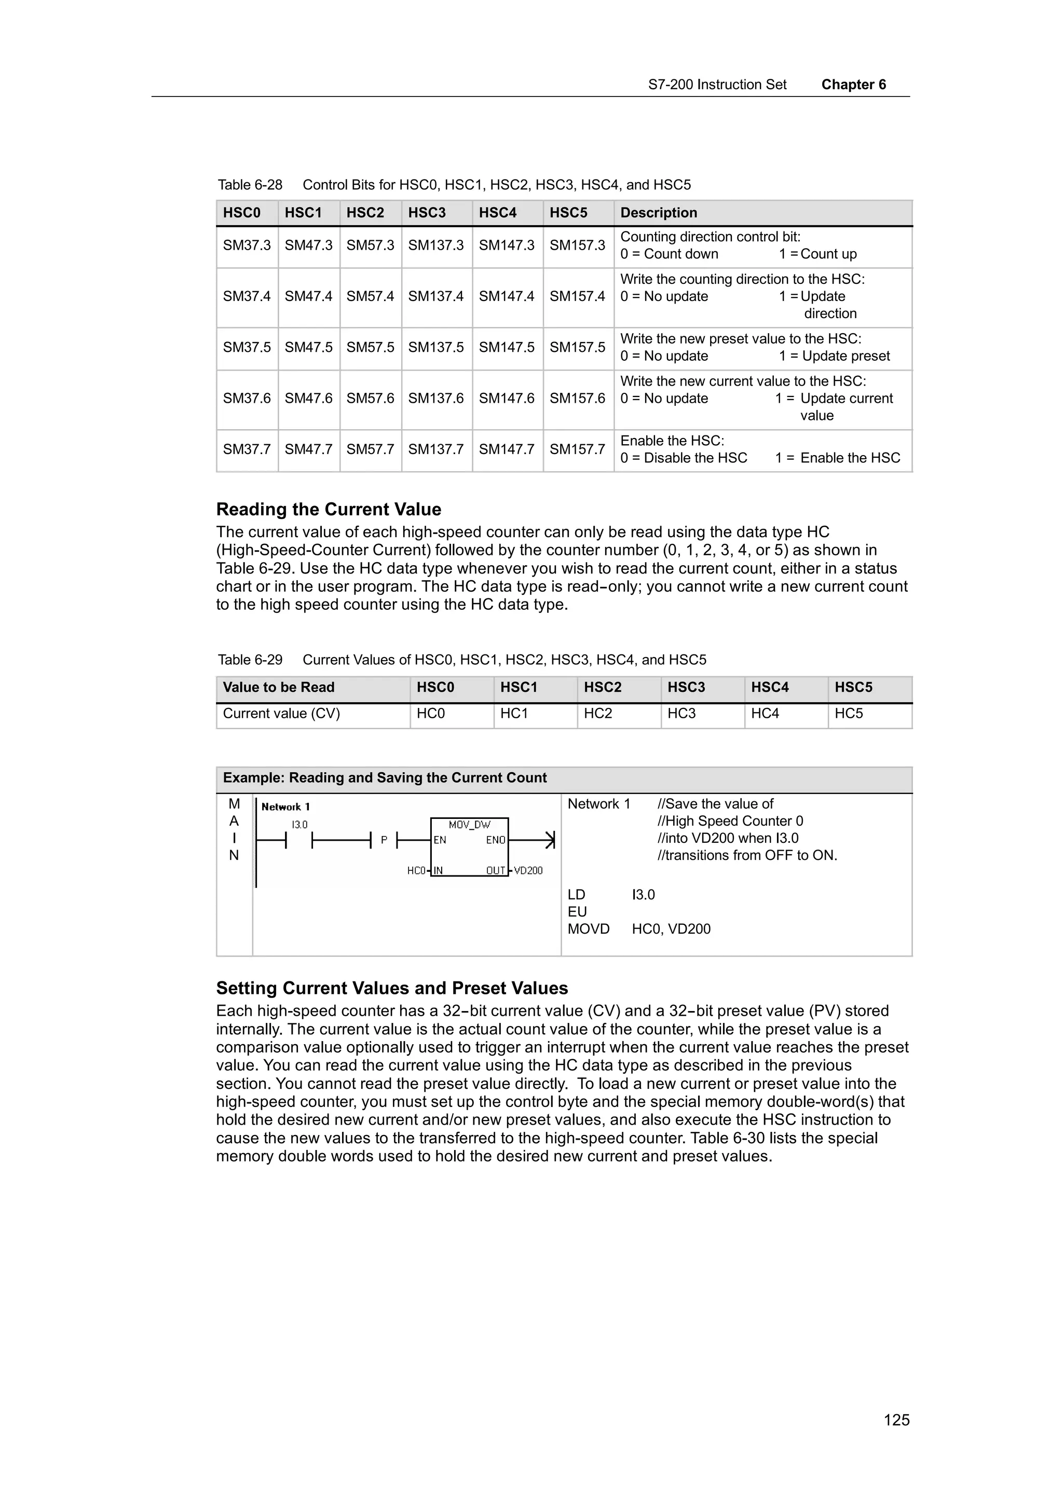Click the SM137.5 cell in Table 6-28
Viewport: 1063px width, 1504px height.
(x=435, y=347)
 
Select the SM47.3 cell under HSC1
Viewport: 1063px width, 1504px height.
(x=308, y=245)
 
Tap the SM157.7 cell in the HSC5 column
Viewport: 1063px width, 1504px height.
(x=577, y=449)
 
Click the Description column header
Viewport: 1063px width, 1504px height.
(x=658, y=213)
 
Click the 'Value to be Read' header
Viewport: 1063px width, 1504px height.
(x=278, y=687)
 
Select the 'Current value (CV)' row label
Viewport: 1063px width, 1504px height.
(x=282, y=714)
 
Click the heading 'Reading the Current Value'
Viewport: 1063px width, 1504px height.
(x=328, y=509)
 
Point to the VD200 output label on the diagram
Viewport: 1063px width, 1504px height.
(x=528, y=870)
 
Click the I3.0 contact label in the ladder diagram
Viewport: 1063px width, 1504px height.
(x=299, y=825)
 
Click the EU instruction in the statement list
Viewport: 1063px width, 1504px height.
(x=577, y=912)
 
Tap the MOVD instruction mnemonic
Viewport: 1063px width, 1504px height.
(x=588, y=929)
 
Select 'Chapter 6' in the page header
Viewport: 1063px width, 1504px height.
(x=853, y=85)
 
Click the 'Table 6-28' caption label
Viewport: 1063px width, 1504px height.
(x=250, y=185)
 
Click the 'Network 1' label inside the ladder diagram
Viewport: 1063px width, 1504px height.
(x=285, y=807)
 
